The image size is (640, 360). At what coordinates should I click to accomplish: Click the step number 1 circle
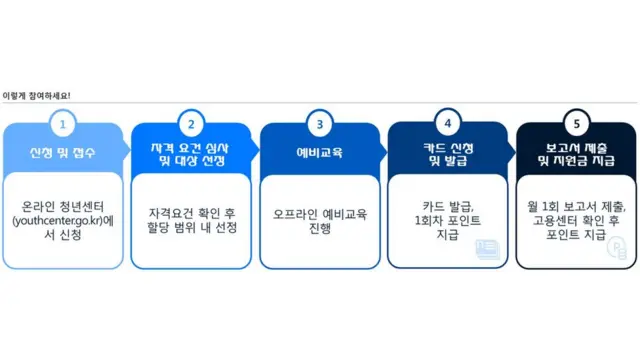pyautogui.click(x=63, y=125)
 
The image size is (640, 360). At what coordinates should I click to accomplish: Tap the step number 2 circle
pyautogui.click(x=191, y=125)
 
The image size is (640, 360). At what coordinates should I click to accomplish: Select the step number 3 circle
pyautogui.click(x=320, y=125)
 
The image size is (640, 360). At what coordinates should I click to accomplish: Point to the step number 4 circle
pyautogui.click(x=448, y=125)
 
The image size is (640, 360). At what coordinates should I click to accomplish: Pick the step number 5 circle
pyautogui.click(x=576, y=125)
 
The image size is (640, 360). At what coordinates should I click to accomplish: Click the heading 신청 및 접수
pyautogui.click(x=63, y=153)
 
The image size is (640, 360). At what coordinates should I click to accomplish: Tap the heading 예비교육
pyautogui.click(x=320, y=153)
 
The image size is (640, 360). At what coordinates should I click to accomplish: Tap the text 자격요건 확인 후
pyautogui.click(x=191, y=213)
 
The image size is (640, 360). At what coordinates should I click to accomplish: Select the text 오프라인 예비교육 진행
pyautogui.click(x=320, y=220)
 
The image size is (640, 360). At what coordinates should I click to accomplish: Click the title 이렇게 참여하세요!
pyautogui.click(x=37, y=95)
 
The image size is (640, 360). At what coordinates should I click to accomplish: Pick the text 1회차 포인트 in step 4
pyautogui.click(x=448, y=220)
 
